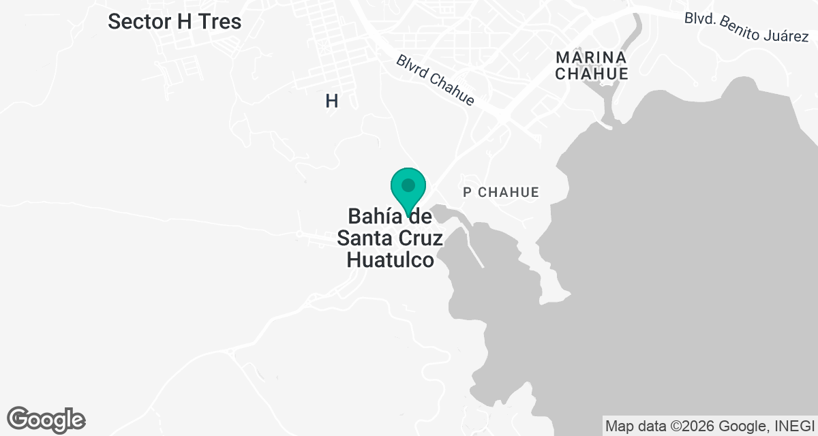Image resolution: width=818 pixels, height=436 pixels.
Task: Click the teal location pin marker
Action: click(408, 190)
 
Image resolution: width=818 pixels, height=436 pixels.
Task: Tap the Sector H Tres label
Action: click(175, 22)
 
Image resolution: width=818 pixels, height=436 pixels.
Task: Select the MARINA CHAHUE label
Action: click(591, 65)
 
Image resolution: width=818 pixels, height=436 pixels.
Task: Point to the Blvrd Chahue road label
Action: click(435, 80)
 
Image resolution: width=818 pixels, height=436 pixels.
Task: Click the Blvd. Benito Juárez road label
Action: click(746, 27)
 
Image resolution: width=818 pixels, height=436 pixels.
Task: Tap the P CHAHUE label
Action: click(501, 193)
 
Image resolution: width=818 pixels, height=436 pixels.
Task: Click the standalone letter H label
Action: click(332, 102)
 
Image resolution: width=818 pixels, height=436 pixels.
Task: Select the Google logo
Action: click(46, 420)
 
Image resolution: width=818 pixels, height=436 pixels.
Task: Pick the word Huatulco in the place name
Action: click(390, 260)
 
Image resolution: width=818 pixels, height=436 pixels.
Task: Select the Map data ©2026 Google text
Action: click(684, 426)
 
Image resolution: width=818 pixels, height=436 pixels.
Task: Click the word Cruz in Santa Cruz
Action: click(417, 238)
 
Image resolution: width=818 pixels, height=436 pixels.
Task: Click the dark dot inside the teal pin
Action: click(408, 185)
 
